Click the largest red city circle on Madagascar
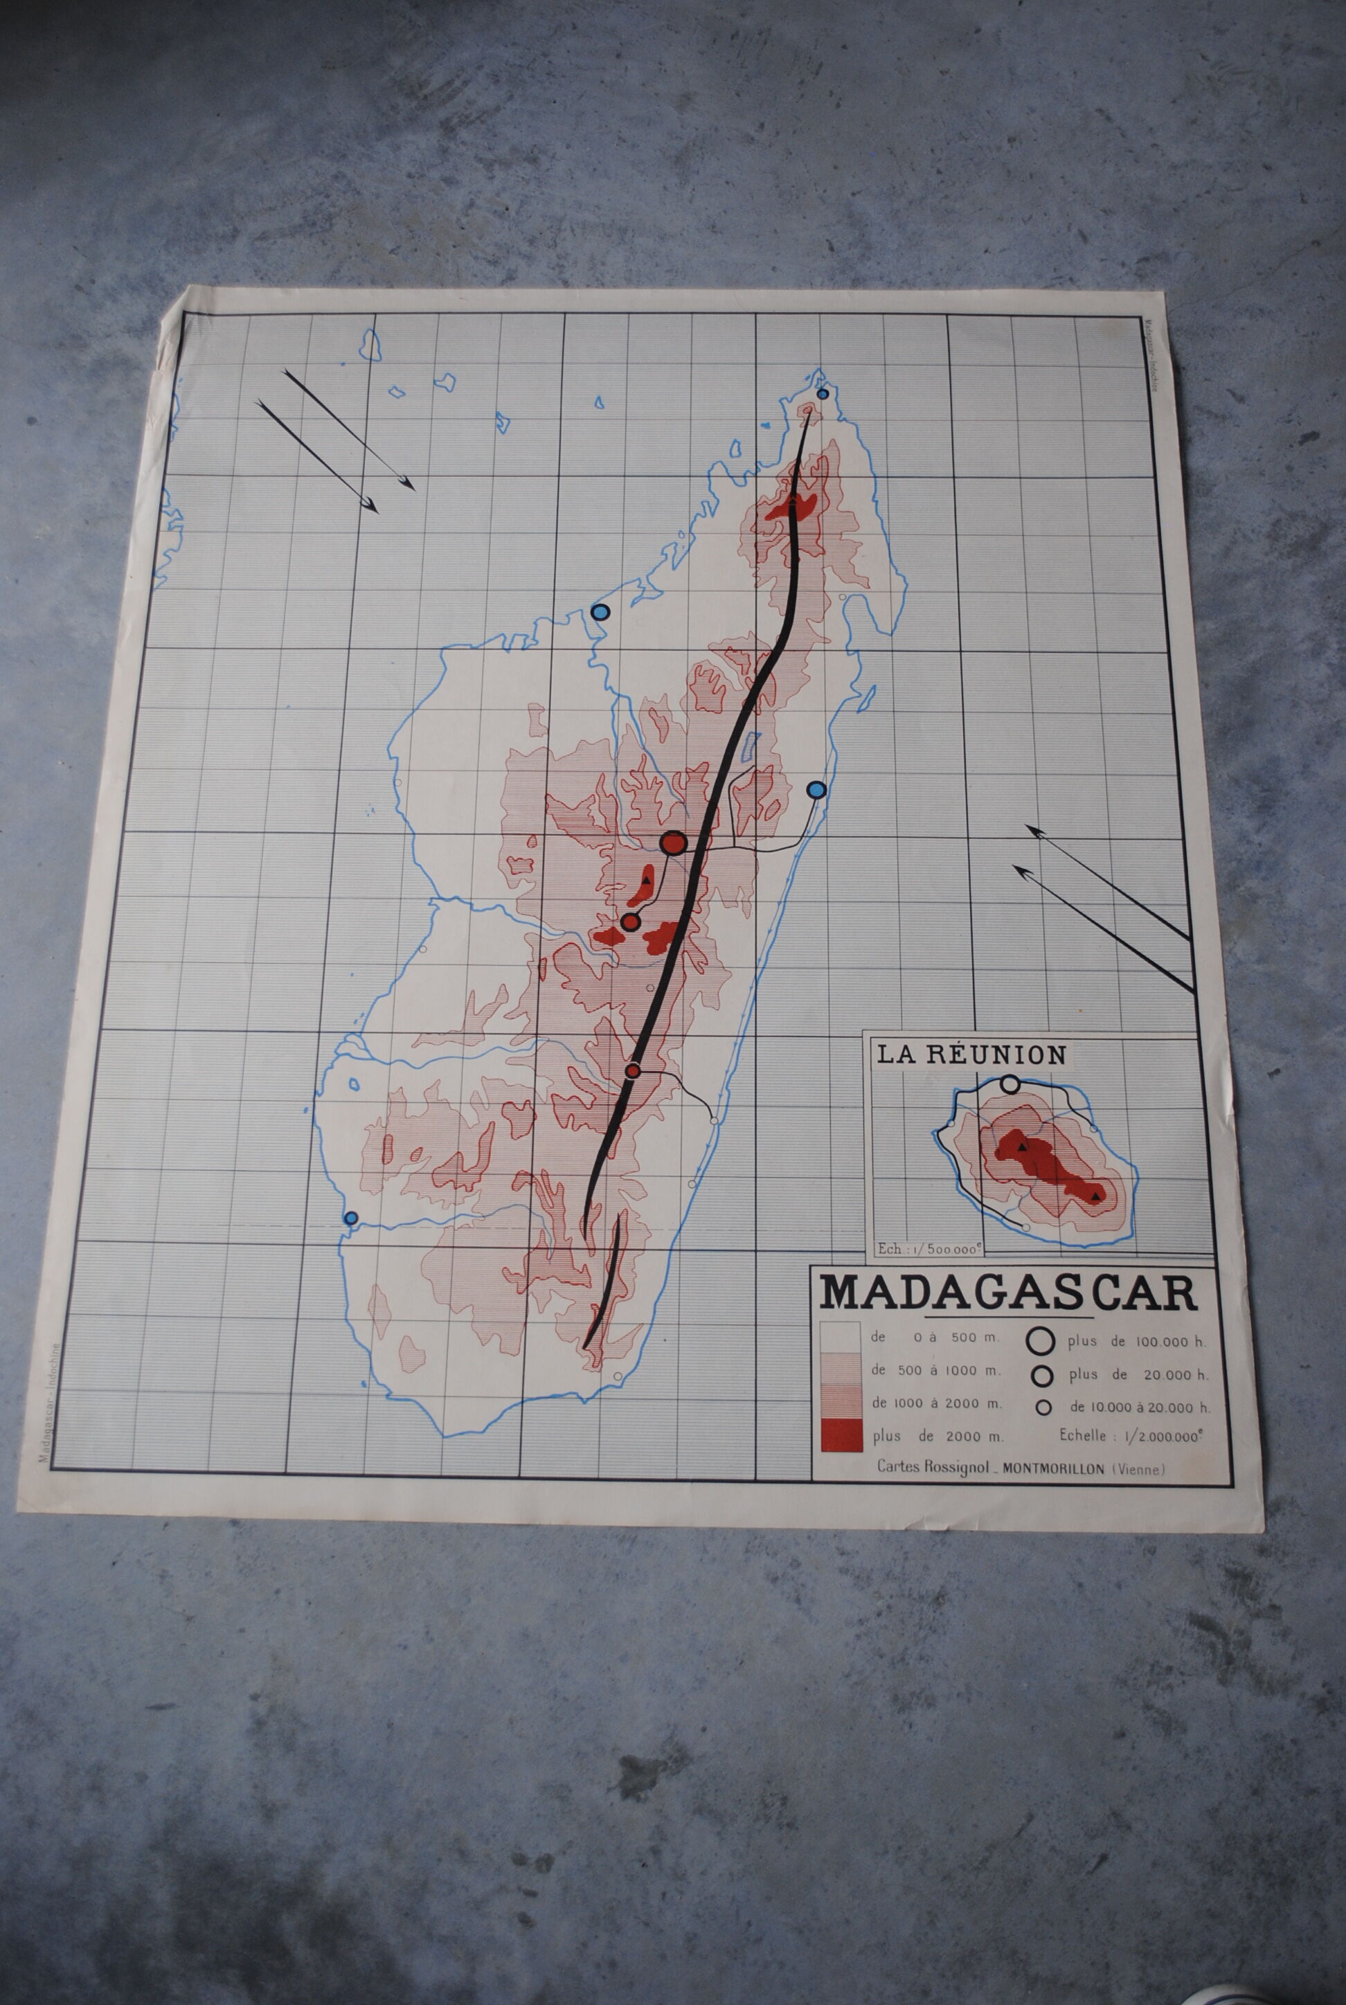click(x=673, y=843)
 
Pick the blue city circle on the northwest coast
click(x=600, y=612)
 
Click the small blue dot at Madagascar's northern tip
click(x=823, y=394)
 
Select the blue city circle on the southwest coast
click(x=350, y=1217)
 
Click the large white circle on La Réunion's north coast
click(x=1010, y=1085)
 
